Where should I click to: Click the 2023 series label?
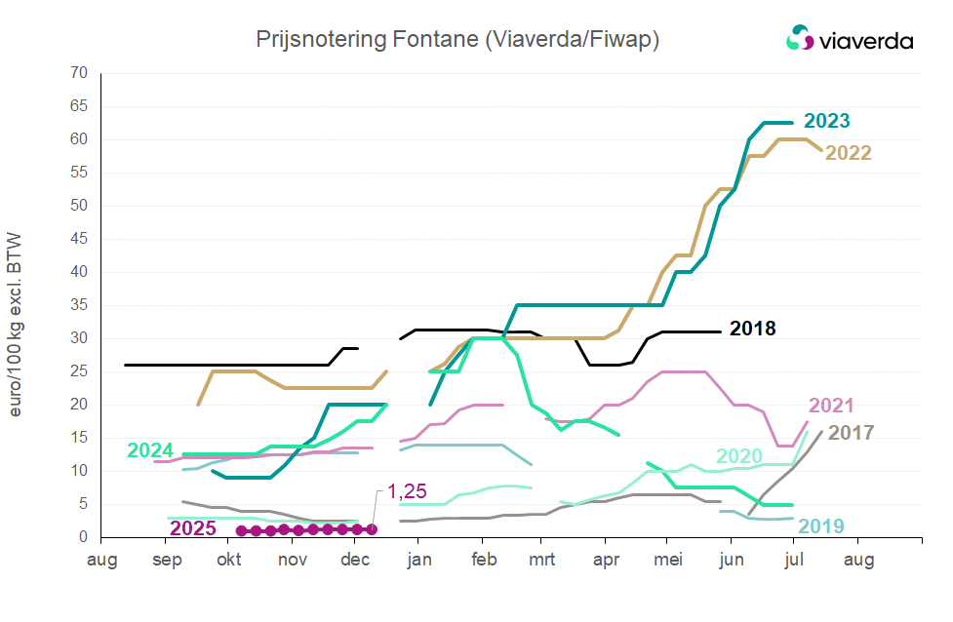826,122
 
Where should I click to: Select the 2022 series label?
848,153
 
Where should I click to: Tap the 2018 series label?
752,329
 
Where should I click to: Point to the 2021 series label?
831,407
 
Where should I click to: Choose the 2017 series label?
851,432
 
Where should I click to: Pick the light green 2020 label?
739,456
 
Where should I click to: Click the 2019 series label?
821,527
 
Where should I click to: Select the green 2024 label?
150,450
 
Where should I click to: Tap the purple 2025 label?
193,528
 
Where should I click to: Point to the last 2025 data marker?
372,529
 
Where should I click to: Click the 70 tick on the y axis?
79,73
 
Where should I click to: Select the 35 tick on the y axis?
79,305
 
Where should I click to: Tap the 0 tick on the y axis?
84,537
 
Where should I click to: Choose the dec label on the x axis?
354,560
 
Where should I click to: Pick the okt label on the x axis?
228,560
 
